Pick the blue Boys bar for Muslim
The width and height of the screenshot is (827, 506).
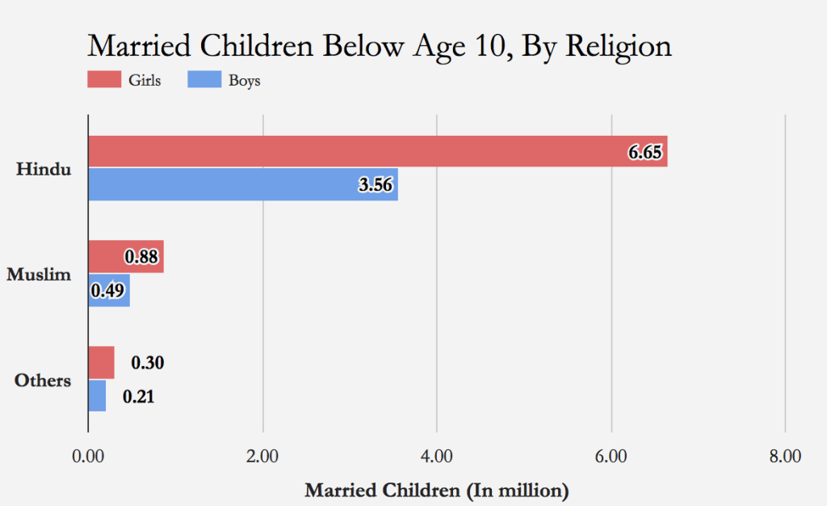coord(108,290)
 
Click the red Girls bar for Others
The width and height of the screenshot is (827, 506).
coord(101,362)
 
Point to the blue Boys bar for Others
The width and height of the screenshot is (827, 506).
coord(97,396)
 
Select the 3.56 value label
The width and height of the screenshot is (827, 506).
coord(376,185)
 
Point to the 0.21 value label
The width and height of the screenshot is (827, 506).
coord(138,397)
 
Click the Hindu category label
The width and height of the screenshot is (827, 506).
coord(44,170)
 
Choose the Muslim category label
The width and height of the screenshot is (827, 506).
coord(39,275)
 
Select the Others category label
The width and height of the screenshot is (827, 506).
coord(43,381)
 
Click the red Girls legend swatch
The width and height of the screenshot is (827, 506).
coord(102,80)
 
